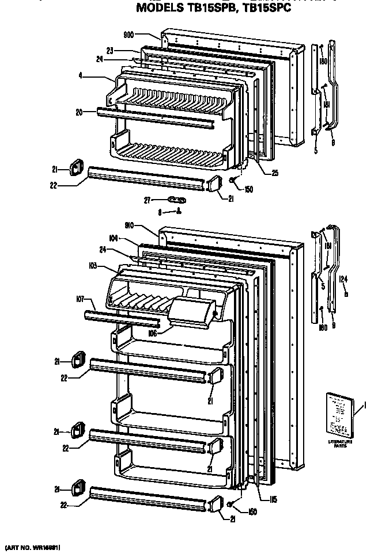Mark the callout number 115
[273, 499]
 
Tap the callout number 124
[343, 280]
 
